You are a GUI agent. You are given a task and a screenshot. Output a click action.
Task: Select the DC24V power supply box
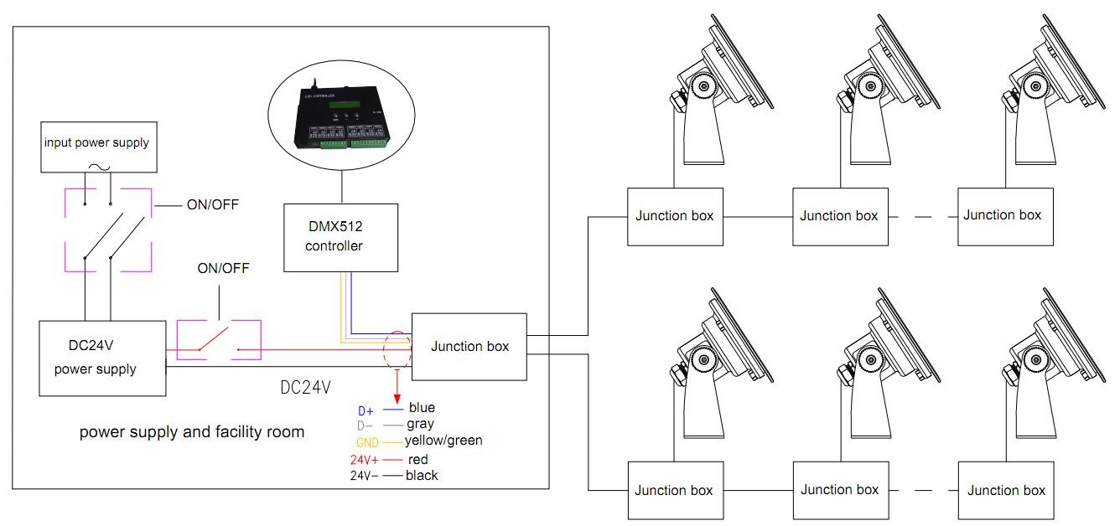point(102,358)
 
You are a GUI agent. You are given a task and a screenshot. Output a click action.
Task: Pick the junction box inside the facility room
point(469,347)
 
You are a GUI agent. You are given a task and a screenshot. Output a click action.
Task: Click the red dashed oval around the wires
point(397,349)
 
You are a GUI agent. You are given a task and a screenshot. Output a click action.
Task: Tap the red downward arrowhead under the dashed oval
point(397,397)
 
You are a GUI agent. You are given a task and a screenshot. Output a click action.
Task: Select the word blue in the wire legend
point(422,408)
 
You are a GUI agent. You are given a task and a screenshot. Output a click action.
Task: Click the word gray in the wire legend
point(420,425)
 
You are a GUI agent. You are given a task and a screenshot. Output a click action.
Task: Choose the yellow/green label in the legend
point(443,441)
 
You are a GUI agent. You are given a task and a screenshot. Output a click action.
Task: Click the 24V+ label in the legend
point(366,460)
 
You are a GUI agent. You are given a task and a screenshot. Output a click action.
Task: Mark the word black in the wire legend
point(422,476)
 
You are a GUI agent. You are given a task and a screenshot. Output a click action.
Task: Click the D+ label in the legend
point(366,410)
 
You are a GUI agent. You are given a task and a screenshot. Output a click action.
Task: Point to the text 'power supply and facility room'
point(192,432)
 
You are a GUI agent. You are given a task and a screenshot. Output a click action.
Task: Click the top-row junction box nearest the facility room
point(675,216)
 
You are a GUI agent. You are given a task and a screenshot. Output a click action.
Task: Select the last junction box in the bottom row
point(1006,491)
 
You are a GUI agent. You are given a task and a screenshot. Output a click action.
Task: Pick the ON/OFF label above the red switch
point(223,269)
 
